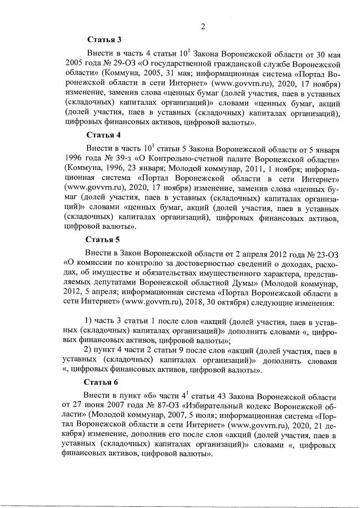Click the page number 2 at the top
[202, 26]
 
